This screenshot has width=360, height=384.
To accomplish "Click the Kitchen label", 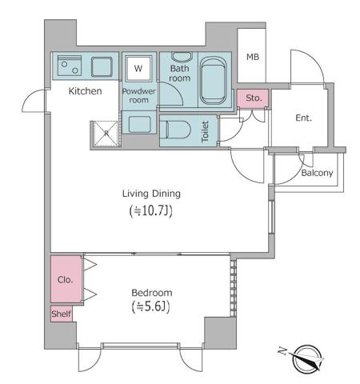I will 85,91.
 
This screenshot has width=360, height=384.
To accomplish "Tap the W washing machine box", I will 138,69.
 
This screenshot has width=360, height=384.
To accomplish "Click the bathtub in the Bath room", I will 214,80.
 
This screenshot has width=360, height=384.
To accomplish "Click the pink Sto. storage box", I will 254,98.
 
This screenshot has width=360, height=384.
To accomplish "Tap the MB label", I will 253,57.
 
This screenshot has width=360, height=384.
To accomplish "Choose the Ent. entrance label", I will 303,118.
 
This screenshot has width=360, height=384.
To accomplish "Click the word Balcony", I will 317,173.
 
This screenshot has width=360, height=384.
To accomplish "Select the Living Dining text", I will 151,193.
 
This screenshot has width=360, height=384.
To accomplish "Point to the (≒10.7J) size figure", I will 151,211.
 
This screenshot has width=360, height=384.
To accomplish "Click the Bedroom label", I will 151,293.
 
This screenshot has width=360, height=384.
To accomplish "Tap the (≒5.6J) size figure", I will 151,307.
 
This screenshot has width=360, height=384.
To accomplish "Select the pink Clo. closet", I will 65,280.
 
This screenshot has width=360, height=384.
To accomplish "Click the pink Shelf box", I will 62,314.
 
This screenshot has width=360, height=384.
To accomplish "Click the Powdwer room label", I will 139,96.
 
